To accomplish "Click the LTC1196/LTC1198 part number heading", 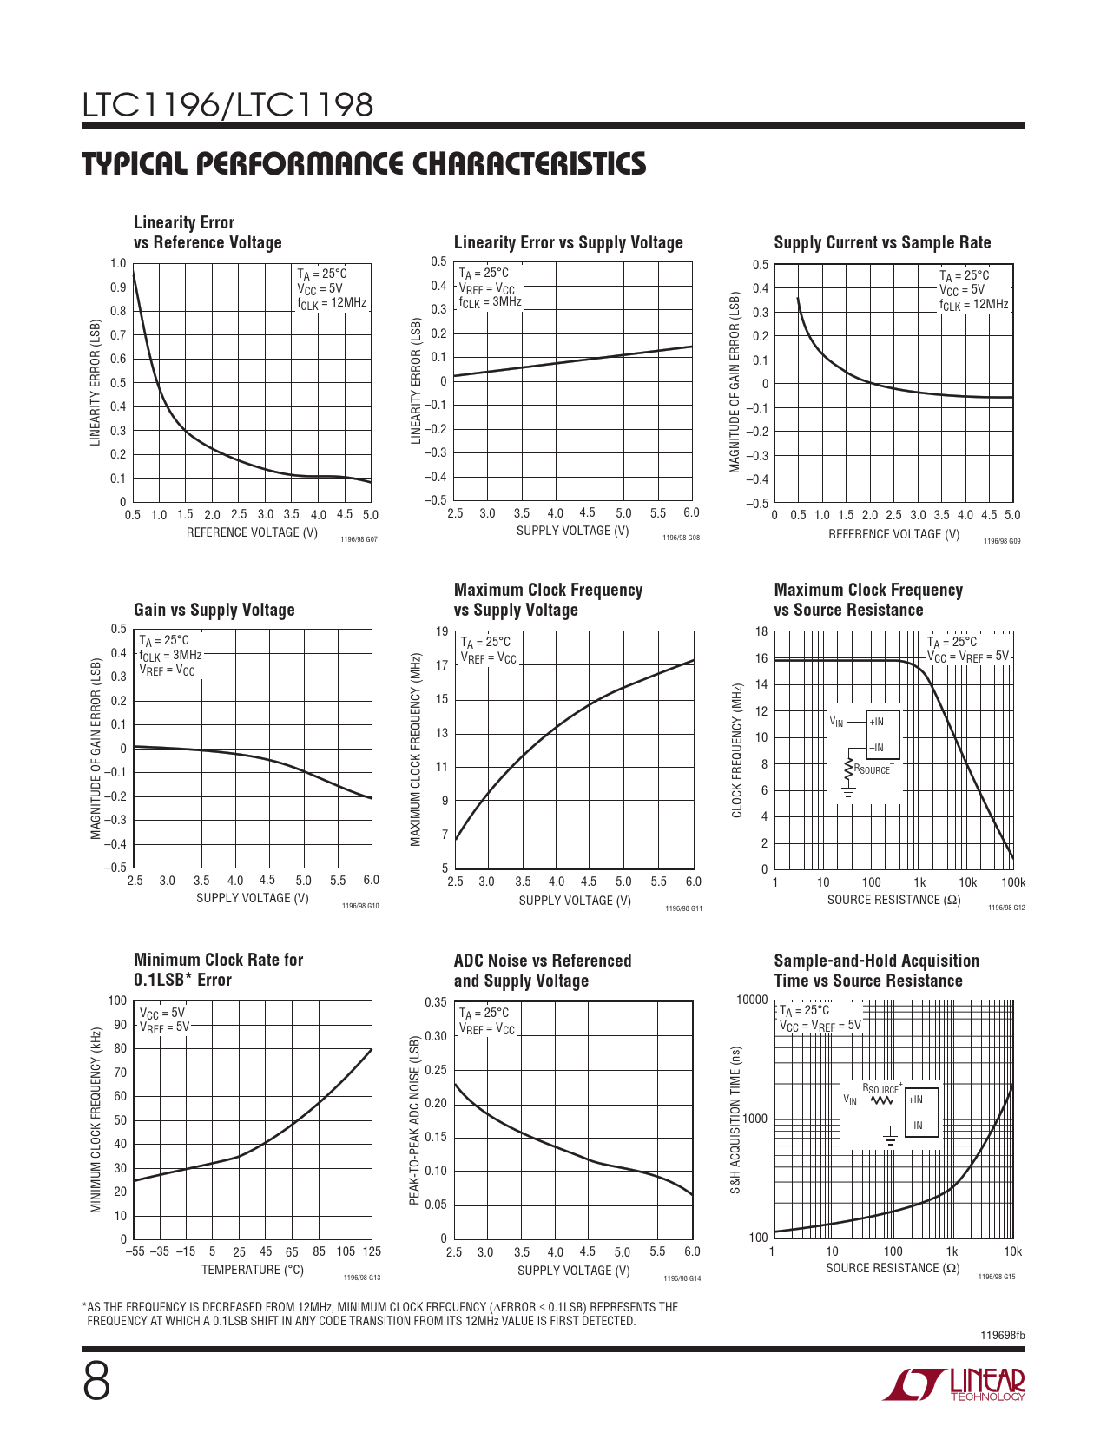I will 227,106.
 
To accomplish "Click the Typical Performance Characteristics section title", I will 364,164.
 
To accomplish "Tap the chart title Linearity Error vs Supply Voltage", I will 568,243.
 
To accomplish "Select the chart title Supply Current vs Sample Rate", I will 882,243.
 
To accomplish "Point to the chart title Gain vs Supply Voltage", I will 214,611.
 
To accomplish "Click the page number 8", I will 97,1382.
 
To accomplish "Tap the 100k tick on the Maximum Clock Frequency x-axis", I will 1012,883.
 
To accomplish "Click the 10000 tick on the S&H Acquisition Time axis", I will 752,1000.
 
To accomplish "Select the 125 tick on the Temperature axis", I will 372,1252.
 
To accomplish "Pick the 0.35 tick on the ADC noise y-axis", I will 436,1003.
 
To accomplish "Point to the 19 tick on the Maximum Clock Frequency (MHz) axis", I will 442,632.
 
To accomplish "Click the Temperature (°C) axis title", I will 253,1271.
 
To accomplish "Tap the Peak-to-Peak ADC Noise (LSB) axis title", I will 415,1120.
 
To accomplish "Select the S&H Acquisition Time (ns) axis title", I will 735,1119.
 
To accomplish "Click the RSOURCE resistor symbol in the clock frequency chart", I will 848,768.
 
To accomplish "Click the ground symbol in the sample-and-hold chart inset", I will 890,1139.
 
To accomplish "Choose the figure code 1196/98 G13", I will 362,1278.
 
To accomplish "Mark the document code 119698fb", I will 1002,1336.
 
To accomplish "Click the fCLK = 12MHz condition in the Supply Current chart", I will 973,306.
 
